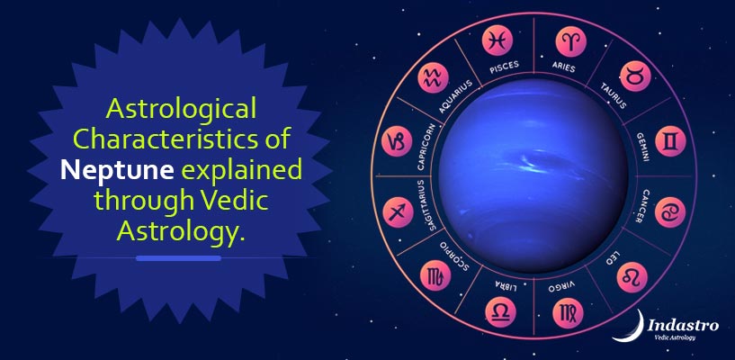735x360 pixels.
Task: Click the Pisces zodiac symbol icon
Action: tap(497, 40)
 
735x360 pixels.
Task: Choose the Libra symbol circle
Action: tap(497, 312)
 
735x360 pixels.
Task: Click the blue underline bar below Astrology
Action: tap(178, 258)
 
